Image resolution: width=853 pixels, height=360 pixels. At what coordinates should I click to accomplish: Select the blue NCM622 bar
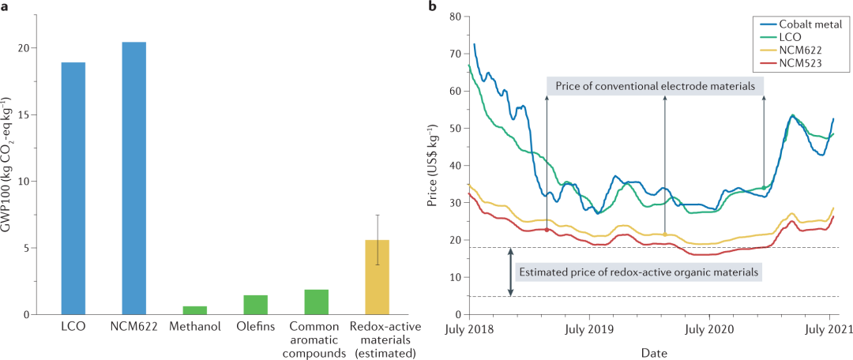(133, 178)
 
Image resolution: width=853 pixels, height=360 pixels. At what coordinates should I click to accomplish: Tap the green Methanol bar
(194, 310)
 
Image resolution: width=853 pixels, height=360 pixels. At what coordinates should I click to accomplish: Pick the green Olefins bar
(255, 305)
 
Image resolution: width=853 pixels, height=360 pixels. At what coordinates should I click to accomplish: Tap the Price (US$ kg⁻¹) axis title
(432, 166)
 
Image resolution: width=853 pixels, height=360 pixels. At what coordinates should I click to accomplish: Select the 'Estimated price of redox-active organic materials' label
(638, 272)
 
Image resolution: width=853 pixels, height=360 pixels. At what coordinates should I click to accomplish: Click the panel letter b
(431, 7)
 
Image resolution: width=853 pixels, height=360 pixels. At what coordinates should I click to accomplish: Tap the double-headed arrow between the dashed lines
(511, 272)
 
